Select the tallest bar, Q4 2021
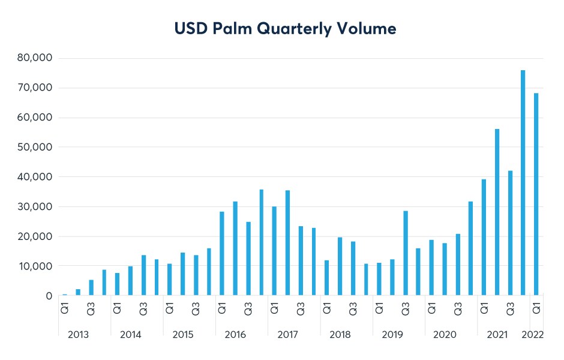pyautogui.click(x=523, y=183)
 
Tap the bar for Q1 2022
pyautogui.click(x=536, y=194)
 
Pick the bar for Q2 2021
pyautogui.click(x=497, y=212)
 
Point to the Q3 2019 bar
pyautogui.click(x=405, y=253)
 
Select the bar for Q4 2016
pyautogui.click(x=261, y=242)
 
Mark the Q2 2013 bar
pyautogui.click(x=78, y=292)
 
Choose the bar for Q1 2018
pyautogui.click(x=326, y=278)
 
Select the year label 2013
pyautogui.click(x=78, y=335)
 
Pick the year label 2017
pyautogui.click(x=287, y=335)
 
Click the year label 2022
pyautogui.click(x=533, y=335)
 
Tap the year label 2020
pyautogui.click(x=445, y=335)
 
